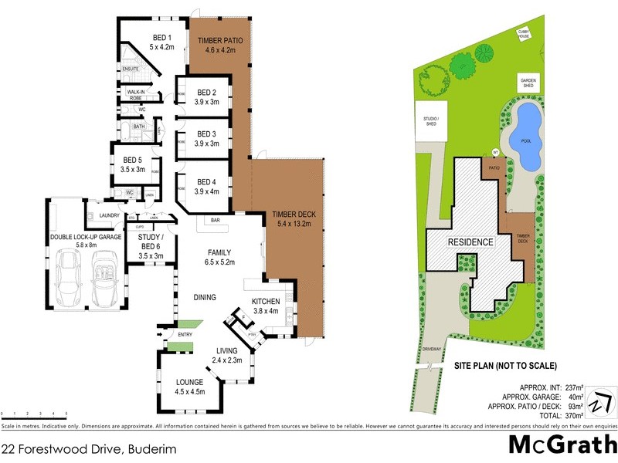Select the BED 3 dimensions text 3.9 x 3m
tap(203, 144)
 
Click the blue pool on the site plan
tap(527, 137)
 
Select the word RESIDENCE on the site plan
tap(471, 242)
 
